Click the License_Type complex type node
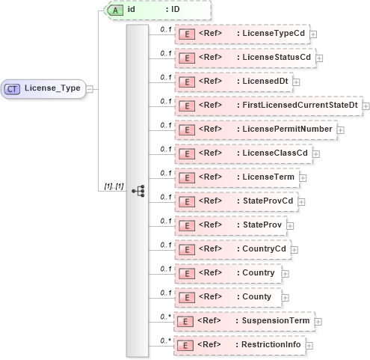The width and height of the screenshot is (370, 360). [47, 88]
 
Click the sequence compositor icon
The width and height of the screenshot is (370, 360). [138, 190]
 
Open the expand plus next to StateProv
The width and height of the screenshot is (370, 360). [290, 225]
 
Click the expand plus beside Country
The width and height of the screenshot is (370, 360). [285, 273]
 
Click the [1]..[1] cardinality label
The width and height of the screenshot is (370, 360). [110, 186]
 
